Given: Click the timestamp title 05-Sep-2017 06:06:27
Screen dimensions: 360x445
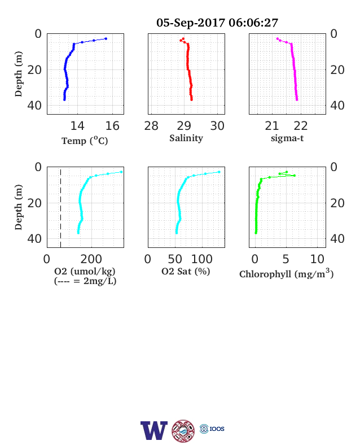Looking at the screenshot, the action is coord(217,23).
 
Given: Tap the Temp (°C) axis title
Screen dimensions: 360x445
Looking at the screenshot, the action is coord(85,141).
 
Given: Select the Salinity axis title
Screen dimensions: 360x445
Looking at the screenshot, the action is coord(186,138).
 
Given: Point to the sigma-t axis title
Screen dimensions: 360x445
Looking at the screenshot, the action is coord(287,138).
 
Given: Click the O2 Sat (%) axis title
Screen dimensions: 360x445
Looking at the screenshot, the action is coord(186,271).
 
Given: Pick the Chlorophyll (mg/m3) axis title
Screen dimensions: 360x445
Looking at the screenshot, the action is coord(286,273).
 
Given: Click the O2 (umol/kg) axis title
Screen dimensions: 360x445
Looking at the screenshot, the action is coord(85,271).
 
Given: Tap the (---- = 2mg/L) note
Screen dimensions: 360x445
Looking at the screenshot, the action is coord(85,281).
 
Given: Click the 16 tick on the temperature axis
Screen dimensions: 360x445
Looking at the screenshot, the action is coord(112,126).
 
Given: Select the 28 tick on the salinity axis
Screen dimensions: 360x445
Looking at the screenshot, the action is coord(151,126).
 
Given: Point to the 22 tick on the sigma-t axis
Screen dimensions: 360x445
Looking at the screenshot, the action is coord(301,126).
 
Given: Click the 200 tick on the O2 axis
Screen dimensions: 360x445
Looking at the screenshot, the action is coord(91,259).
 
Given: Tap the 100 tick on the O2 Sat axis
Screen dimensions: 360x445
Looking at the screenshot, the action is coord(202,259).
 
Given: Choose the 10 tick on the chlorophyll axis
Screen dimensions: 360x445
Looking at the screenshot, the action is coord(317,259).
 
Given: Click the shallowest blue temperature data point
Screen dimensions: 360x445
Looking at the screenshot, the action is coord(106,38).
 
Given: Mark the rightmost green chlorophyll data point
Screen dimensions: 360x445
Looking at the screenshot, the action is coord(294,176).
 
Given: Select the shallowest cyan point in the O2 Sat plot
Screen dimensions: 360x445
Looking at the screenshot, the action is coord(219,172).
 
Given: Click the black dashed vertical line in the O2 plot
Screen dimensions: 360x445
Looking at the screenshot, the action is coord(61,208).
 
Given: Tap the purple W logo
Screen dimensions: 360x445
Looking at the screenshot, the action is coord(154,430).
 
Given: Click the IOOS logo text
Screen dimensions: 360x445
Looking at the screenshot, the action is coord(217,429).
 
